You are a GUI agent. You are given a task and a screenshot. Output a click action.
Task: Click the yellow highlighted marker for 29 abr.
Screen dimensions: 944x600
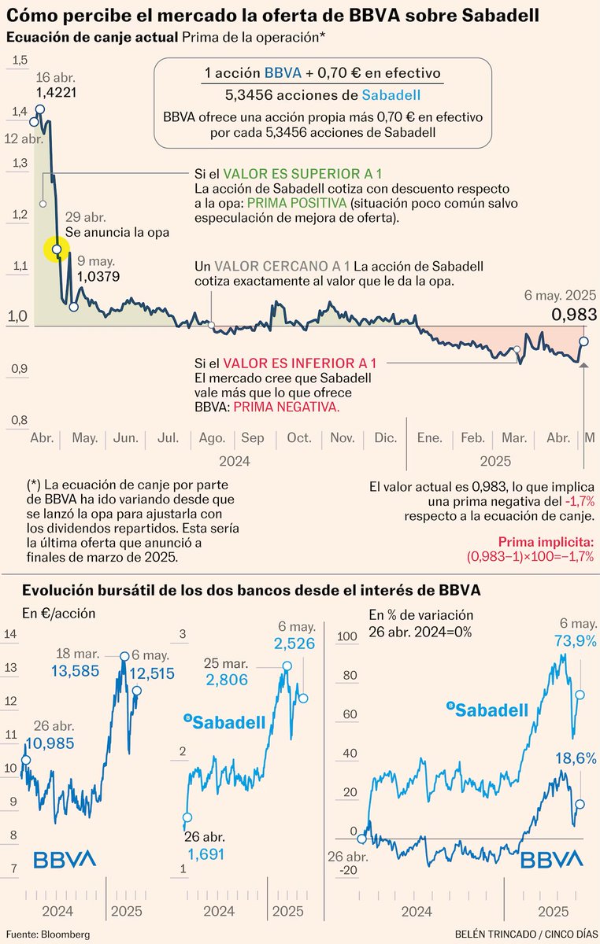click(x=57, y=249)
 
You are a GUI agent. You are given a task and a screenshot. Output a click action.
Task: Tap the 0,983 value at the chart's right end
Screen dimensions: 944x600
click(x=572, y=315)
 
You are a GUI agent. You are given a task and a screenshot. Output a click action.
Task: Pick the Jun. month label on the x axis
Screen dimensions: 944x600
click(x=126, y=437)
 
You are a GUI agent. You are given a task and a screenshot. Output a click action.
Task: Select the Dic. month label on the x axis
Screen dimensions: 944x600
click(x=386, y=437)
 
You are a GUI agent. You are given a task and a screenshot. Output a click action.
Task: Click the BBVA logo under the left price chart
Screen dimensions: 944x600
click(x=65, y=858)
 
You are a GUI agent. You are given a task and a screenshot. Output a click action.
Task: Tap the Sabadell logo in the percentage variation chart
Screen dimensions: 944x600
click(x=487, y=710)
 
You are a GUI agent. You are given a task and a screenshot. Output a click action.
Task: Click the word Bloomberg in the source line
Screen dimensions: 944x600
click(x=65, y=935)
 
